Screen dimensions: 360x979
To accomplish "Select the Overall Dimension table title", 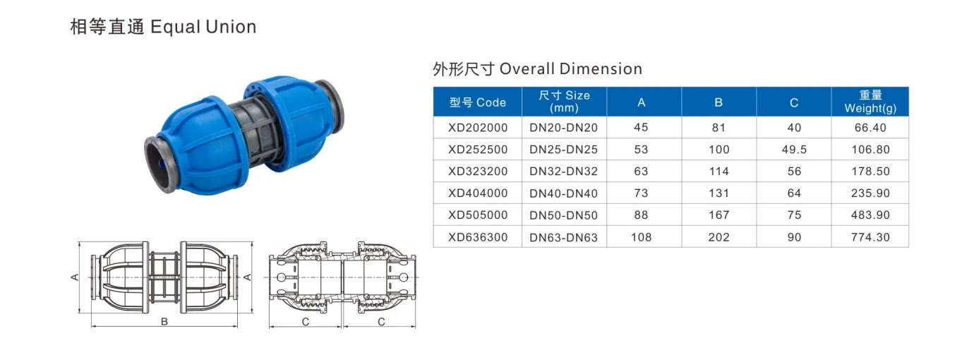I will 537,69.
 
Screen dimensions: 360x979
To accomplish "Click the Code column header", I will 477,102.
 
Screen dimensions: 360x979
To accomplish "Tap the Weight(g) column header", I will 870,102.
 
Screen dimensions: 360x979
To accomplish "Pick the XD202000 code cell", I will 477,128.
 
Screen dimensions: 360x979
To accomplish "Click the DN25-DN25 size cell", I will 563,150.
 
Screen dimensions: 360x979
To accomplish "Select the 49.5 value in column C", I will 794,150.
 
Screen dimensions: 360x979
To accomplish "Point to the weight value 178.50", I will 870,172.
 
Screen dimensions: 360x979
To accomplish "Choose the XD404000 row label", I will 477,193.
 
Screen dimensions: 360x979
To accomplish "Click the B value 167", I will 719,215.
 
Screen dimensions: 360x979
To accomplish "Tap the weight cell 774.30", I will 870,237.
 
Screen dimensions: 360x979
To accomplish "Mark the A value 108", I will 642,237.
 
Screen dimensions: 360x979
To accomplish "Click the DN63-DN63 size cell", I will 563,238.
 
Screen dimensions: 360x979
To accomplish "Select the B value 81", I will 719,128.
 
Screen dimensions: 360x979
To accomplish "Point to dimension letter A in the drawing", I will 74,277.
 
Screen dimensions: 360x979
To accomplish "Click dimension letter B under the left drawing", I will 164,322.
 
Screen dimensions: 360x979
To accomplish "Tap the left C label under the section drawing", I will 306,322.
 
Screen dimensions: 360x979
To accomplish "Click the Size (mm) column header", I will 563,102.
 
